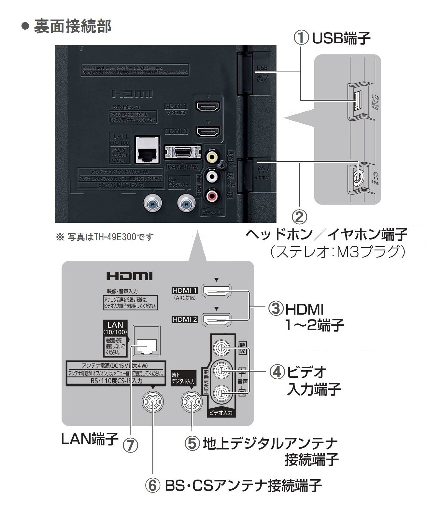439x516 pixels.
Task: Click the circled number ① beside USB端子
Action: click(x=301, y=38)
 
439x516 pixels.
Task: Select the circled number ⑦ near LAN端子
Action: click(x=130, y=445)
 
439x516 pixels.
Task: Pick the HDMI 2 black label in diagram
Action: click(x=185, y=319)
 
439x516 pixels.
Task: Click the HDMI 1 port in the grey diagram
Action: click(x=217, y=291)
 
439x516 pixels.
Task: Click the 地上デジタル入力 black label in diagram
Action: click(x=183, y=378)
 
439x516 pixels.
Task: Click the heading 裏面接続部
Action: click(x=72, y=26)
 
